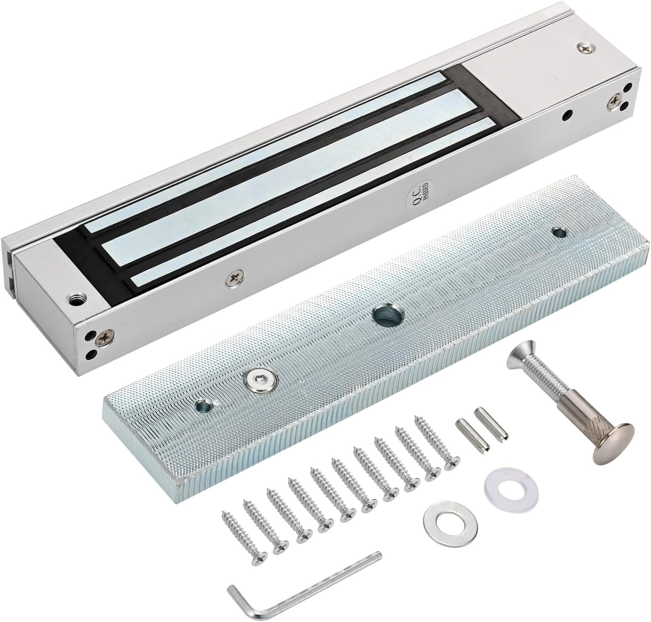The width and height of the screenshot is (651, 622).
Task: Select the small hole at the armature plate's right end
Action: point(557,231)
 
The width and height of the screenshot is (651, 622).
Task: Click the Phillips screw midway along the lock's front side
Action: point(234,278)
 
